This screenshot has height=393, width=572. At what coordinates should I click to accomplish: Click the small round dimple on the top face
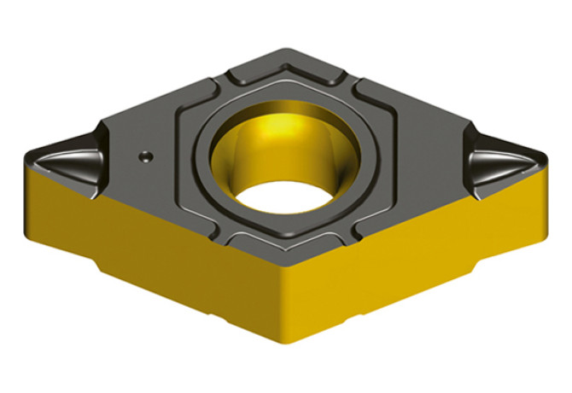coord(146,156)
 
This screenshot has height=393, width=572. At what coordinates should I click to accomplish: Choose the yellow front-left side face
coord(154,256)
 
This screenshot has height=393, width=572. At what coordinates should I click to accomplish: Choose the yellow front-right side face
coord(410,256)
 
